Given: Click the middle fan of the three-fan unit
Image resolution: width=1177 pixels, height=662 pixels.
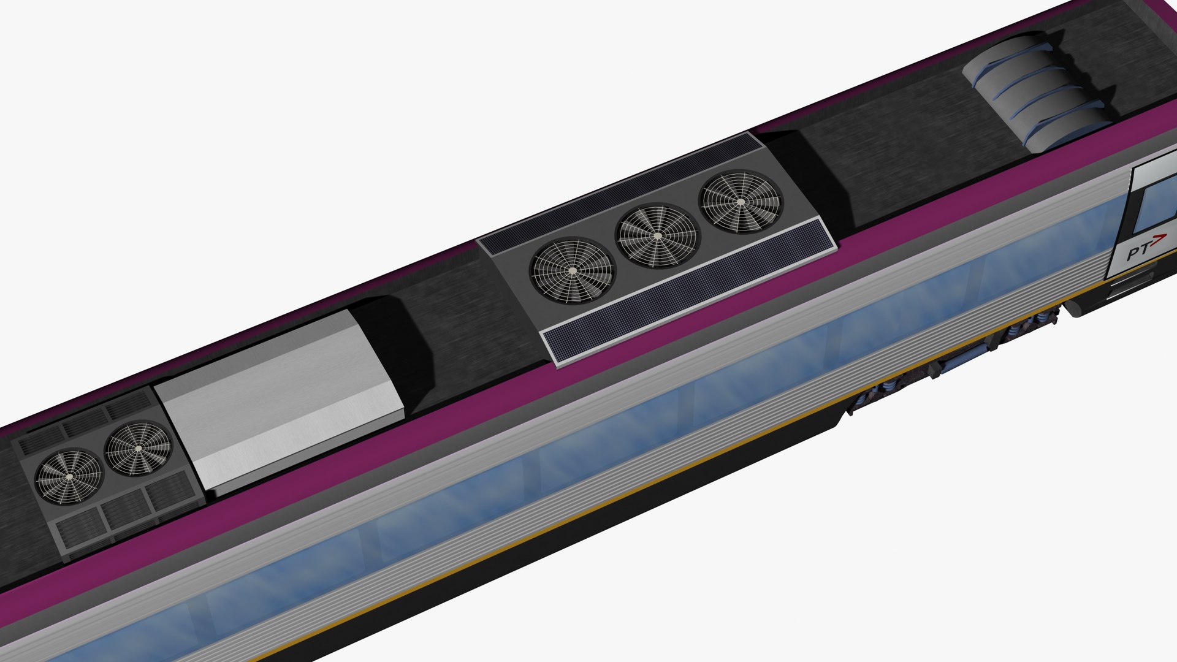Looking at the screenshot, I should pos(657,236).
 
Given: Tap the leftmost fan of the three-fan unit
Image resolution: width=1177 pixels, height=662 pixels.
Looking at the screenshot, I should pos(572,270).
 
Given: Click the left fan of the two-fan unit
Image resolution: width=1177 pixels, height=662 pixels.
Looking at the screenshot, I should pos(69,476).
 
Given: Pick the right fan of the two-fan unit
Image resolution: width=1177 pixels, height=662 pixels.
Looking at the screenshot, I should pos(138,448).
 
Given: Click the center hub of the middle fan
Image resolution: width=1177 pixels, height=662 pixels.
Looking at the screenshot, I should pos(657,236).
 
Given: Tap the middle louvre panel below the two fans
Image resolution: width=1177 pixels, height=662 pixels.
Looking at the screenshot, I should pos(124,509).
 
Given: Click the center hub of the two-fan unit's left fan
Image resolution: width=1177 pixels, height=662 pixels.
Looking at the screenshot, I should pos(69,476).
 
